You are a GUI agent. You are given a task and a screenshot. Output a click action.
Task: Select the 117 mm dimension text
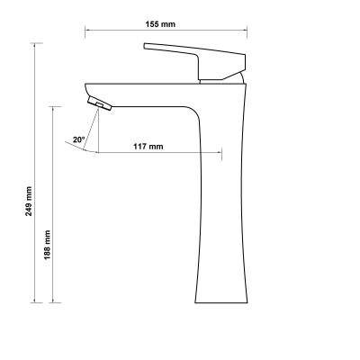click(148, 145)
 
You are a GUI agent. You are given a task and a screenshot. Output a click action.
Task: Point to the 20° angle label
click(79, 139)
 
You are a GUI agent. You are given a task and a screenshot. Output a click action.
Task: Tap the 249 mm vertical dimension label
click(29, 200)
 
